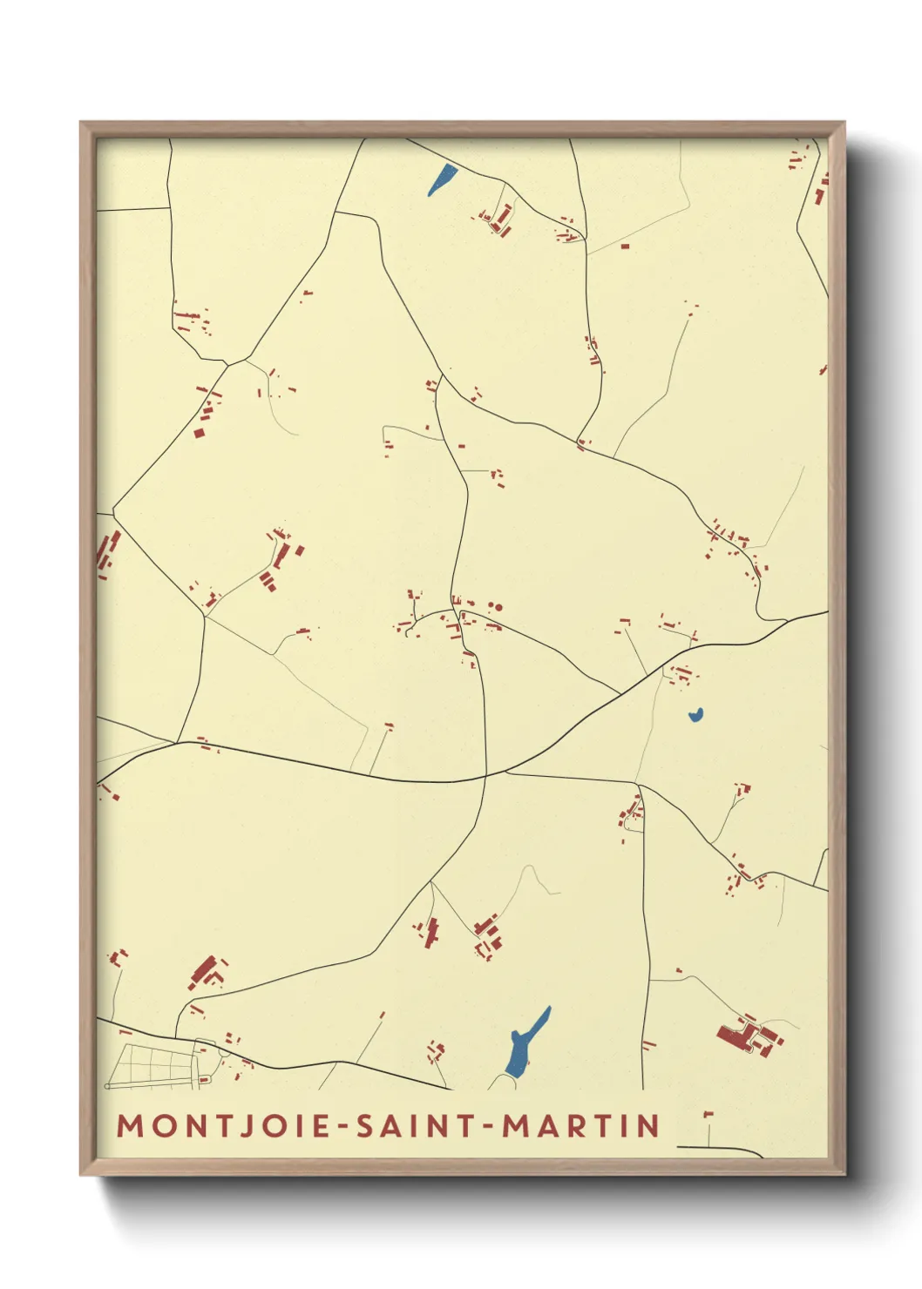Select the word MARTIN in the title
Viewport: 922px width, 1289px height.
click(581, 1125)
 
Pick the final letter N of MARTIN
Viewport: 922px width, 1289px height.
click(650, 1125)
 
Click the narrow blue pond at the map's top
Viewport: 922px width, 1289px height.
click(442, 179)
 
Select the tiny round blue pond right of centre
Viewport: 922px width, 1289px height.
click(695, 716)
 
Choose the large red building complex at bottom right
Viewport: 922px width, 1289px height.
click(748, 1035)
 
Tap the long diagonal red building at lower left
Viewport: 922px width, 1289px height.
click(204, 972)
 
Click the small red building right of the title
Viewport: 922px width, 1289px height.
click(708, 1114)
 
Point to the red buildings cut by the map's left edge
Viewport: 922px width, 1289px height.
click(106, 554)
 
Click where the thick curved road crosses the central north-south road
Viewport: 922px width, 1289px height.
click(484, 776)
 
